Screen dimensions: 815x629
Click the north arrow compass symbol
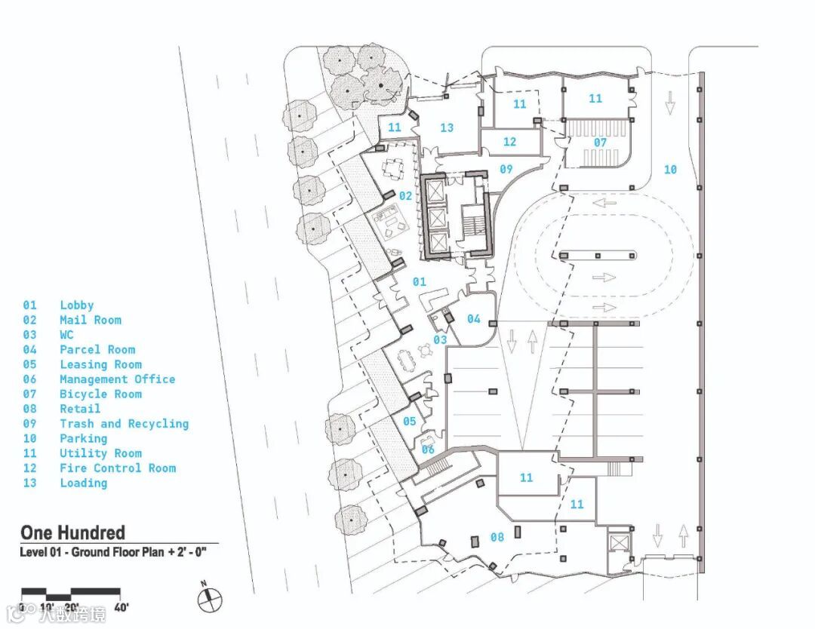210,600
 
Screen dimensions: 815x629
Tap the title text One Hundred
72,532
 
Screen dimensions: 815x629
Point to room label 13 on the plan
447,127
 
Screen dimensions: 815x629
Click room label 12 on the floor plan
509,142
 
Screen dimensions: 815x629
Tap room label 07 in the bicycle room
600,143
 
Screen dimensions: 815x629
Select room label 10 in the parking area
670,170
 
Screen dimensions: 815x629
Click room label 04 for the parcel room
473,319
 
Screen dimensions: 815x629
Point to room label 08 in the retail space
497,538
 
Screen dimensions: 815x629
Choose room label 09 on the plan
506,169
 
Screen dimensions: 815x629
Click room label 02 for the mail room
406,196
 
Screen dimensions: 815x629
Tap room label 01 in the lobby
420,282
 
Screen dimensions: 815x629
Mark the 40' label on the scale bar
121,607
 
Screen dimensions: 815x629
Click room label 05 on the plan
409,421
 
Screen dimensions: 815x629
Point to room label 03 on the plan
440,340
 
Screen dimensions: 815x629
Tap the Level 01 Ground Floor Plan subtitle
114,553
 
